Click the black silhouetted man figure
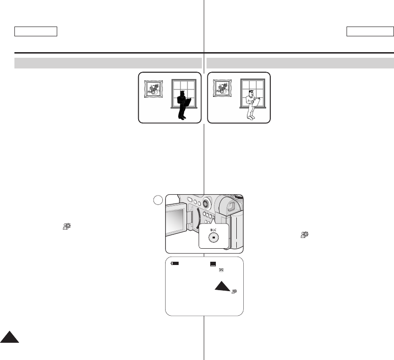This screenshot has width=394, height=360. point(182,105)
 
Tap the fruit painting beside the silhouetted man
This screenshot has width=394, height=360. point(154,88)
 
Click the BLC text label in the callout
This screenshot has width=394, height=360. point(214,230)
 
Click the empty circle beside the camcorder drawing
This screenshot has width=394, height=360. point(158,200)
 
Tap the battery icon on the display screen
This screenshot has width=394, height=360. point(175,264)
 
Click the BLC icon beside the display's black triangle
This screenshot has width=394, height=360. point(234,291)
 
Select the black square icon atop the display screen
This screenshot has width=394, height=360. point(213,264)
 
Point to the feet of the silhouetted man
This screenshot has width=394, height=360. point(183,118)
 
